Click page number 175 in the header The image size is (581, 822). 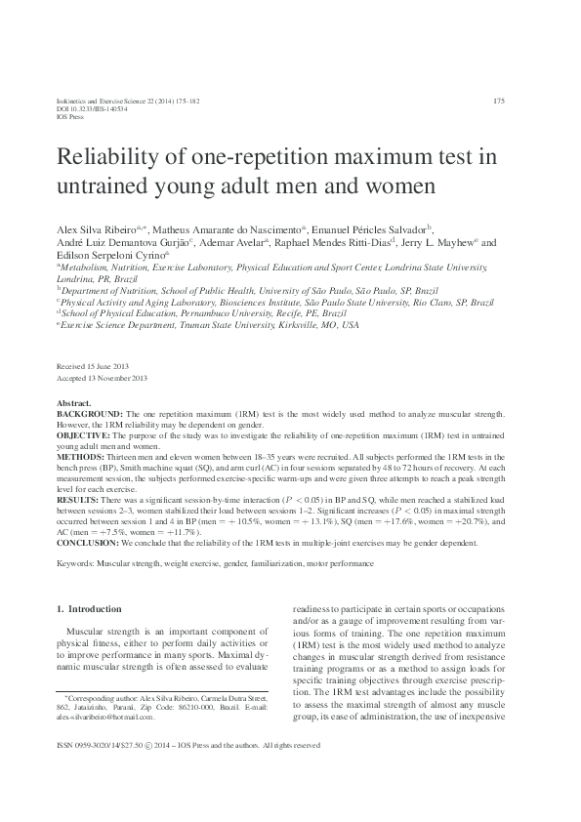click(498, 101)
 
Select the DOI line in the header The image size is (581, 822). click(87, 108)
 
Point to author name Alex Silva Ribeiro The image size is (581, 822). click(97, 226)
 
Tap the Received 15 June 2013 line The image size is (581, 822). click(93, 364)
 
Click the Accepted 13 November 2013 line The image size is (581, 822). click(103, 377)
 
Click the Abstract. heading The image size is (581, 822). click(74, 403)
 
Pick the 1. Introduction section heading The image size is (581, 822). click(90, 608)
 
